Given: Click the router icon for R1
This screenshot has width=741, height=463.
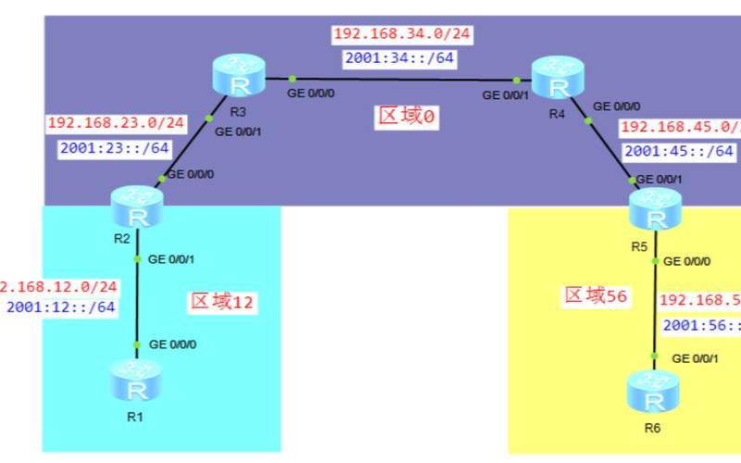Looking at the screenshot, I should (135, 380).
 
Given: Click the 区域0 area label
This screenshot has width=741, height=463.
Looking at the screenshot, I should (406, 116).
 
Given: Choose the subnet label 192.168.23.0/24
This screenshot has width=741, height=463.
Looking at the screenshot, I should (116, 123).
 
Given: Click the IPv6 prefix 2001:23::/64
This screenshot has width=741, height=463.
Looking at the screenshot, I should (115, 147).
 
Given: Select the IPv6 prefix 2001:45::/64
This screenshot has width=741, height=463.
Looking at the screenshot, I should (679, 150).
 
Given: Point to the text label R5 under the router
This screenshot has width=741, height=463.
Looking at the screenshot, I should (639, 246).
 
